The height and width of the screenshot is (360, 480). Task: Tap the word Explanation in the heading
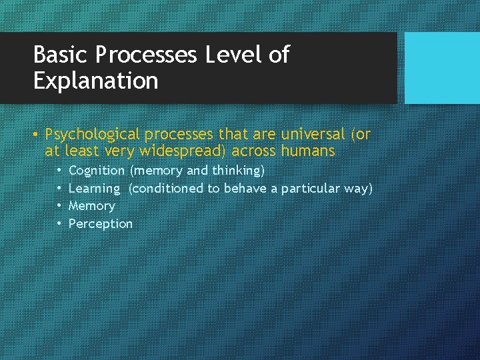(95, 81)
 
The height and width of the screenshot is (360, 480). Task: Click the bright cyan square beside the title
(442, 68)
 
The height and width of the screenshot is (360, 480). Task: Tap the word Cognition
(97, 171)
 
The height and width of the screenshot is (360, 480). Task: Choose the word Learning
(94, 189)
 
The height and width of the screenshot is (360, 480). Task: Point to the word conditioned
(167, 189)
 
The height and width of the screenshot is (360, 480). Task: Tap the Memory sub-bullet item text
(92, 206)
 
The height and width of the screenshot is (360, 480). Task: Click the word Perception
(101, 224)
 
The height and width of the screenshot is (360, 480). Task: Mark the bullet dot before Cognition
(59, 171)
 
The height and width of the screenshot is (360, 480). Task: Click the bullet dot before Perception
(59, 224)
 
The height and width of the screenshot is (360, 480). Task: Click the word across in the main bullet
(253, 151)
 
